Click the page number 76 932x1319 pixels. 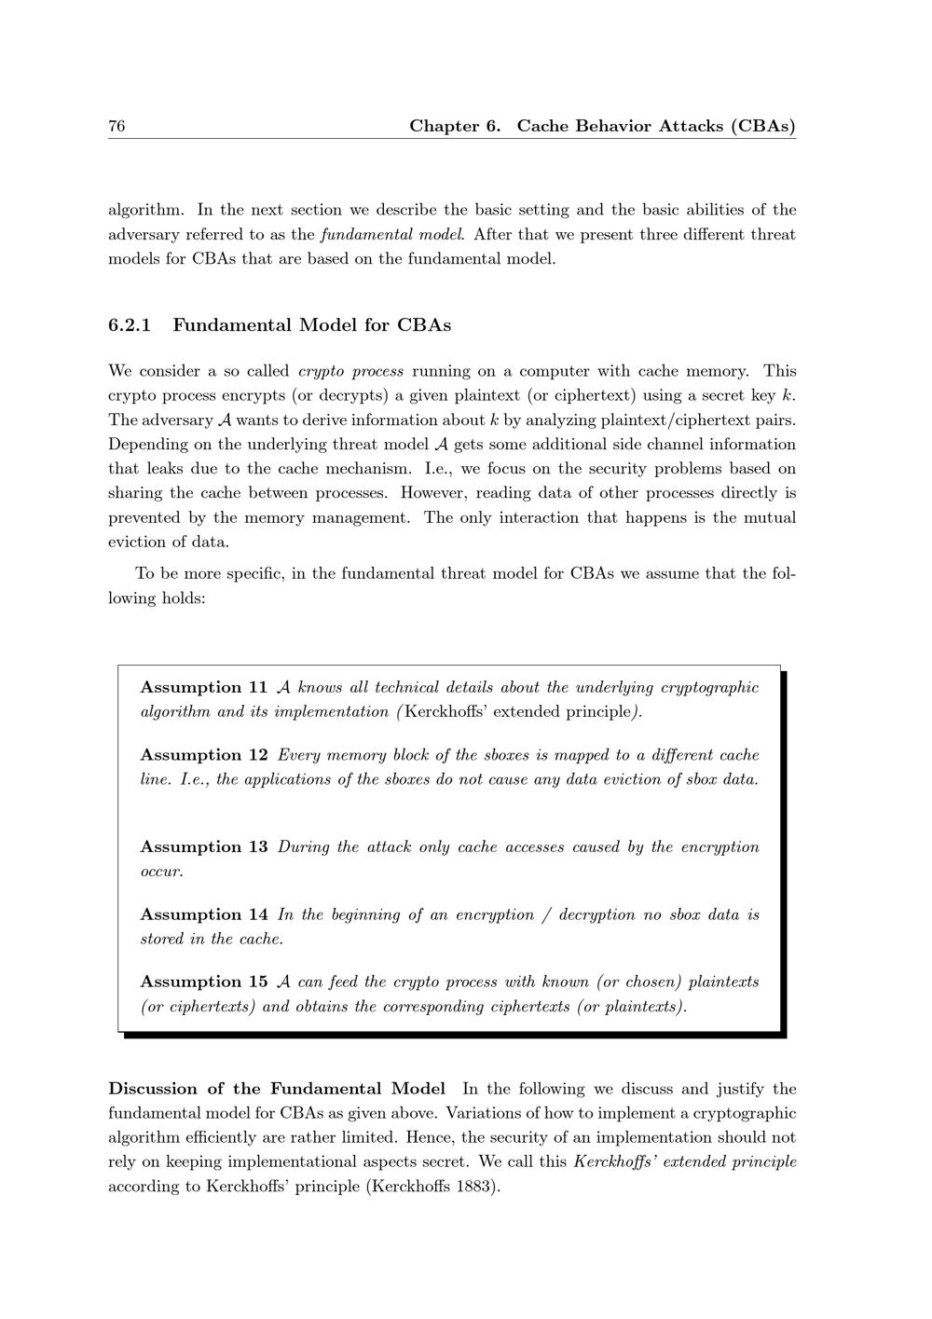[116, 126]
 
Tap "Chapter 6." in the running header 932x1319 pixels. [456, 126]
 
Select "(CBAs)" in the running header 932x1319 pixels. [763, 126]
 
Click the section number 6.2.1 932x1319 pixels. [130, 325]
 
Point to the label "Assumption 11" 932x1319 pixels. [204, 688]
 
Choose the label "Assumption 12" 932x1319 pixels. [204, 755]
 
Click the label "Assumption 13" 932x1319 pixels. [204, 847]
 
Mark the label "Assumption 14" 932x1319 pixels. [204, 914]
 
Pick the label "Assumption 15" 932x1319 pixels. [204, 982]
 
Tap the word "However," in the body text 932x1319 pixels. [433, 493]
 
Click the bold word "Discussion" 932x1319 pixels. [153, 1089]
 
